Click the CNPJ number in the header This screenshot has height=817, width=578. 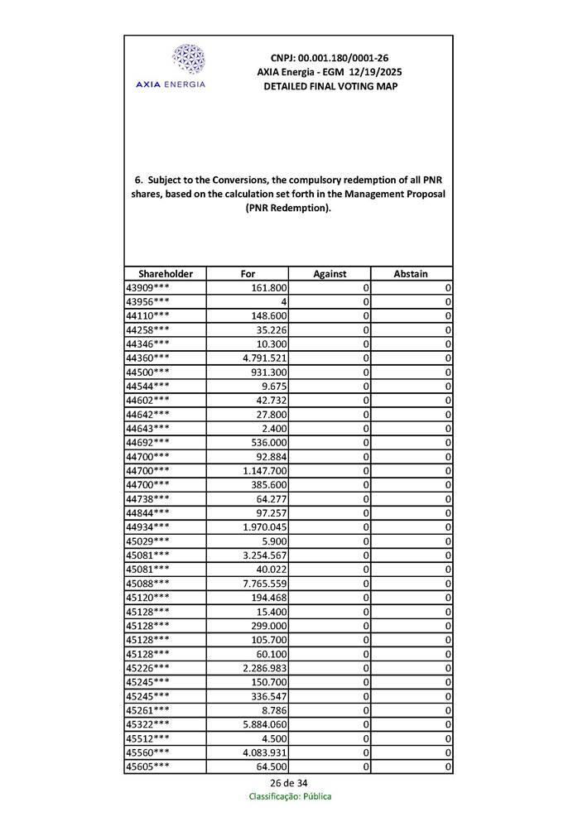[x=330, y=58]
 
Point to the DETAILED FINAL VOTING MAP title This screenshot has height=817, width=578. [x=330, y=86]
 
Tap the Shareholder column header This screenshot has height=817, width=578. [x=166, y=273]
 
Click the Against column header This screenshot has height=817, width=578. [x=330, y=273]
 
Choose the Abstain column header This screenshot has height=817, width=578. [x=411, y=273]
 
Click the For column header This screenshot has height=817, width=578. [x=248, y=273]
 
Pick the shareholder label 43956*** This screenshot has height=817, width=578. [x=147, y=301]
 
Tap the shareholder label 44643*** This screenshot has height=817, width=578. [x=147, y=428]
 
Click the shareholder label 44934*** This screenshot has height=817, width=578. [x=147, y=526]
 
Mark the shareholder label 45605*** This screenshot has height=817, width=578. [x=147, y=766]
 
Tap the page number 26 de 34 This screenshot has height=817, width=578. [x=288, y=783]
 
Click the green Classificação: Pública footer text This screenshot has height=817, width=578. [x=289, y=796]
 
